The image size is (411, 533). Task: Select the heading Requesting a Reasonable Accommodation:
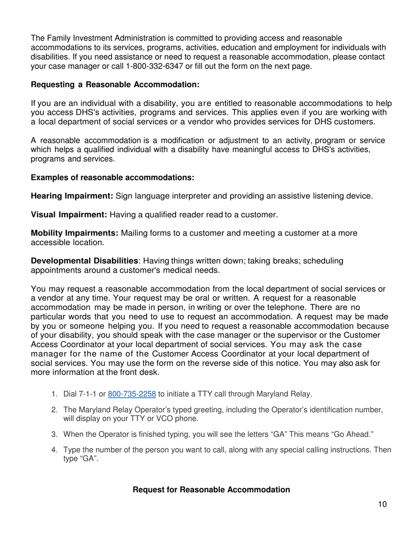pos(115,85)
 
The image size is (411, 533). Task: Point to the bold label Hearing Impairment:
pos(72,196)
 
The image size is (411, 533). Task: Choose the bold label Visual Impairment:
pos(69,214)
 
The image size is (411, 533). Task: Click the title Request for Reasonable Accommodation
pos(211,490)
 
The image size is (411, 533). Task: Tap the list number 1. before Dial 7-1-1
pos(55,394)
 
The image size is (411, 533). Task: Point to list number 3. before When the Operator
pos(55,434)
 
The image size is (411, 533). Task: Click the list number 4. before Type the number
pos(55,450)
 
